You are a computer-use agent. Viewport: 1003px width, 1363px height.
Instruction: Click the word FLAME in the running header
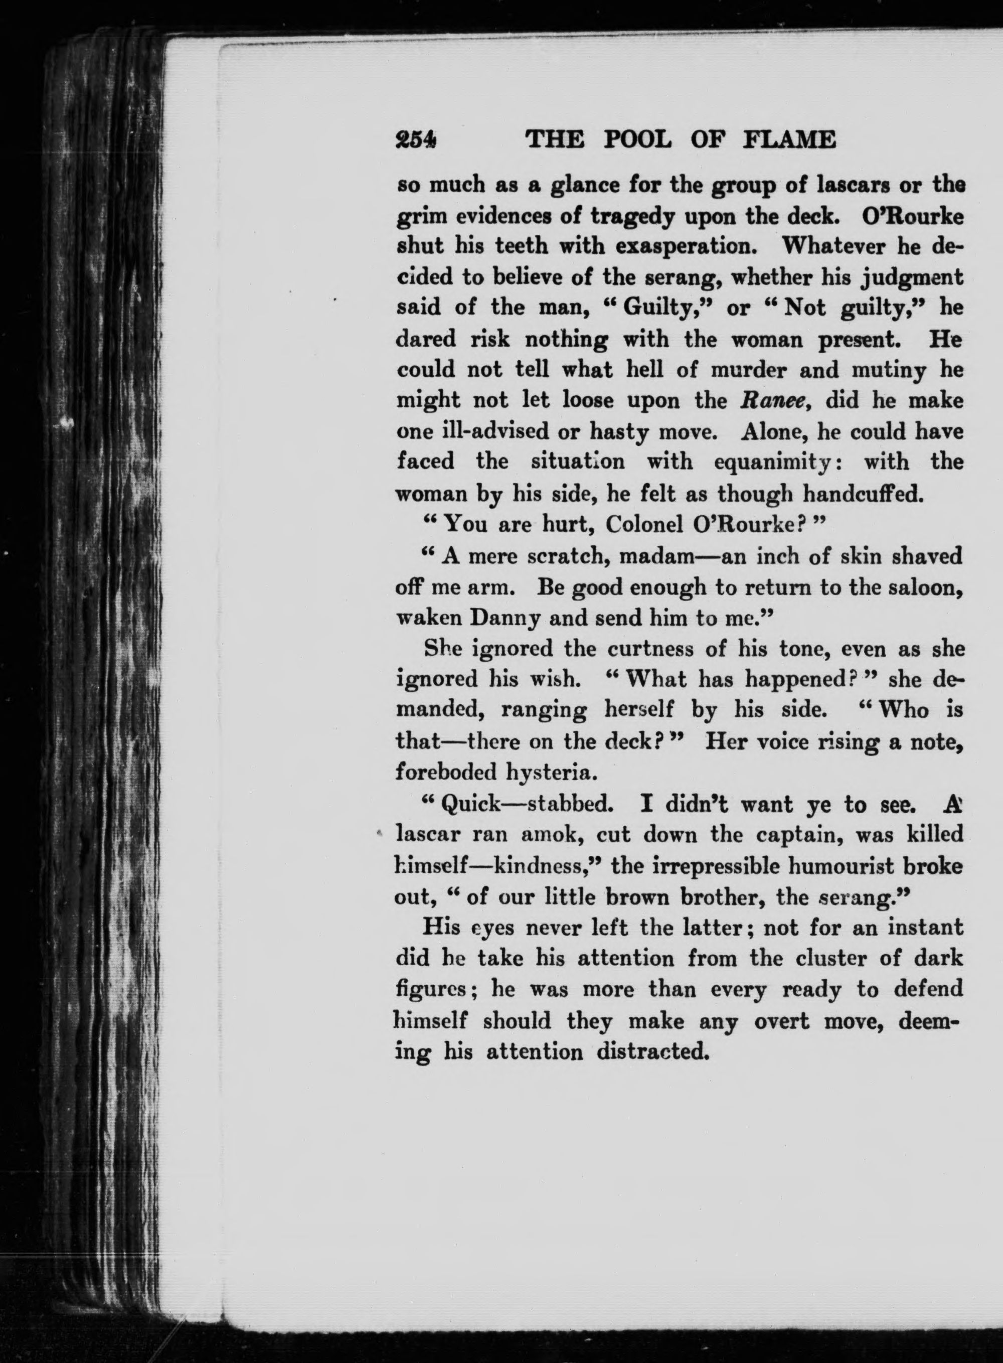pyautogui.click(x=789, y=140)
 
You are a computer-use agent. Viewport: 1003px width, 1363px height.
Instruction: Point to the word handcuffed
pyautogui.click(x=862, y=494)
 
